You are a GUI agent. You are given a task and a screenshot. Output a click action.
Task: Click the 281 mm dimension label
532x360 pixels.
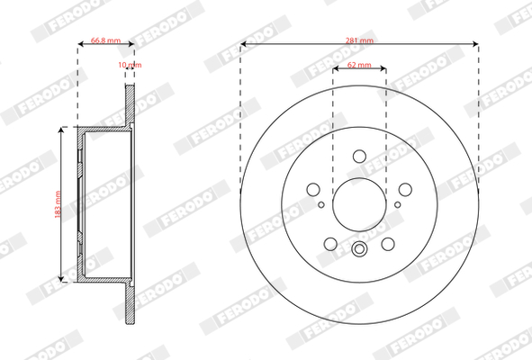pos(359,40)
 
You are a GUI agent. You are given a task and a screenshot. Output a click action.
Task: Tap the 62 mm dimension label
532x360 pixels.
pos(359,65)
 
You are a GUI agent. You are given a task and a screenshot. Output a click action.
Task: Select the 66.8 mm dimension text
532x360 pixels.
pos(105,40)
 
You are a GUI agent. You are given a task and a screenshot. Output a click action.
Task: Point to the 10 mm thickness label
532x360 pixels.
pos(130,65)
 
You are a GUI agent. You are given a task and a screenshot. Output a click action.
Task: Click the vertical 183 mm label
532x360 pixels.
pos(58,204)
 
